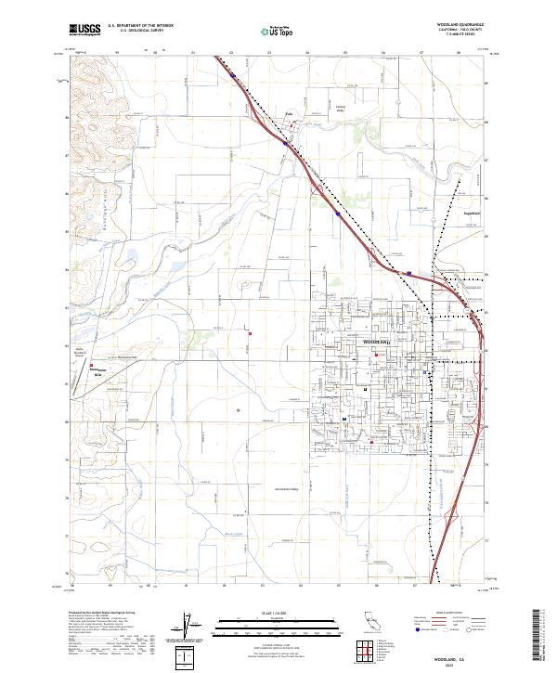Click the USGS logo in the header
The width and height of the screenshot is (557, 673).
[84, 30]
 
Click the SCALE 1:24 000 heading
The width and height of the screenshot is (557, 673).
[266, 613]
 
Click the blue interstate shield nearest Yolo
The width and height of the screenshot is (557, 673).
[284, 143]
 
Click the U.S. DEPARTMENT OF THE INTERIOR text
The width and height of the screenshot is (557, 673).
[136, 27]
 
